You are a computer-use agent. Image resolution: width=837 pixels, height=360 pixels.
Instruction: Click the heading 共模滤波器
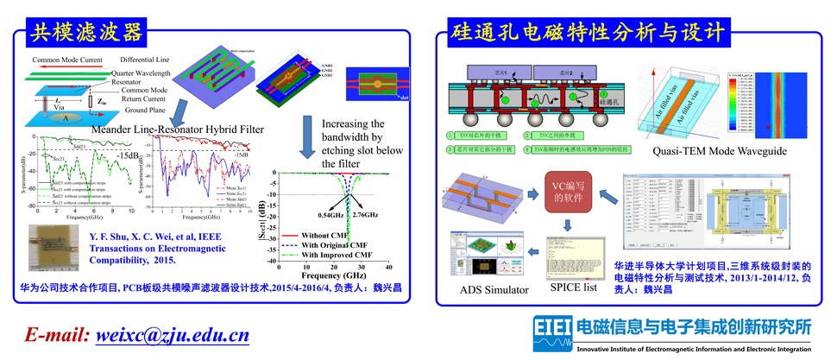(85, 32)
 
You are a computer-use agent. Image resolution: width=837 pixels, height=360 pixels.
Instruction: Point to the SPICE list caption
(574, 287)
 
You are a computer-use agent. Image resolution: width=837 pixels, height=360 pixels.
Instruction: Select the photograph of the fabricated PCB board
(53, 249)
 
